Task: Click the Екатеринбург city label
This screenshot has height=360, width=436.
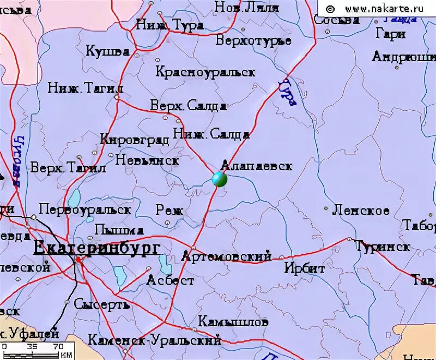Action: [97, 248]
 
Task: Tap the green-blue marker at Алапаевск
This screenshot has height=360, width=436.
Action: [219, 179]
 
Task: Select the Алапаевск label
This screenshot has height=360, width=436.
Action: [257, 166]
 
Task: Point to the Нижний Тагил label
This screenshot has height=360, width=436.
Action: [86, 88]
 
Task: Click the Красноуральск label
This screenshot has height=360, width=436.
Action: [205, 72]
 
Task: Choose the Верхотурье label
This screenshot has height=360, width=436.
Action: [253, 40]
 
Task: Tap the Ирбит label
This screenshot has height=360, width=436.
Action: [305, 268]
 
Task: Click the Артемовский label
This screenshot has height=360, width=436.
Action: [226, 256]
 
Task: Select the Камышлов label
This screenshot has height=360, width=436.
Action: [233, 322]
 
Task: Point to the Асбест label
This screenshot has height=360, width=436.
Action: [171, 280]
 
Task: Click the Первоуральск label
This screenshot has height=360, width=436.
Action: [85, 209]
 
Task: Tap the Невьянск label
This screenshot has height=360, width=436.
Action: [147, 160]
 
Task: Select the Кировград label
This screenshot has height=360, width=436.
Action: [135, 140]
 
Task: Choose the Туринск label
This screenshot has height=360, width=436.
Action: [383, 247]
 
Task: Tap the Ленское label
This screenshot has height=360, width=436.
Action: [361, 211]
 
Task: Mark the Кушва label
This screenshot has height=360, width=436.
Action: [107, 51]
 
